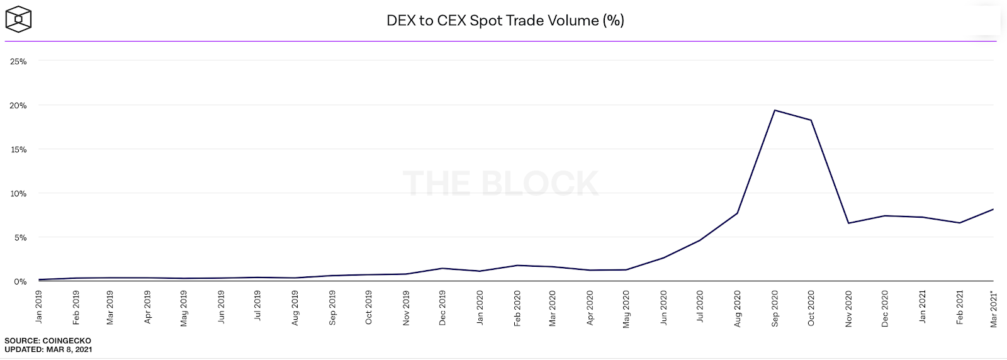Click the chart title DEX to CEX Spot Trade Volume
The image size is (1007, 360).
[505, 20]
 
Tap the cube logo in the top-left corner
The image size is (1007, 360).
[18, 19]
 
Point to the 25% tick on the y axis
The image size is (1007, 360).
[18, 62]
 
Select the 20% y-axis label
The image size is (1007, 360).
[18, 106]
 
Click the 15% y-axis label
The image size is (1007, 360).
[18, 150]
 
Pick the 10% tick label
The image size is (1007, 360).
[18, 194]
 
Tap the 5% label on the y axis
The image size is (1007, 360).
[20, 238]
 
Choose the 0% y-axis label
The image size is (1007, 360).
[20, 281]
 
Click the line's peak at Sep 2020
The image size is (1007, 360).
[774, 111]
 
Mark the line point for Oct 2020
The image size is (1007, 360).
[811, 120]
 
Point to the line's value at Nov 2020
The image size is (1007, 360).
[848, 223]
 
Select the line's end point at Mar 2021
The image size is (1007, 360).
[993, 209]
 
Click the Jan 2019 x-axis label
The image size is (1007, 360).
[39, 307]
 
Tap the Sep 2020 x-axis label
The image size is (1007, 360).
[775, 308]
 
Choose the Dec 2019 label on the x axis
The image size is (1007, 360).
[442, 308]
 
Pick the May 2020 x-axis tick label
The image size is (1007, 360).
[626, 308]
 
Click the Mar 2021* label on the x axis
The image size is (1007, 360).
[994, 308]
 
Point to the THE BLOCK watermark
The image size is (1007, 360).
[500, 183]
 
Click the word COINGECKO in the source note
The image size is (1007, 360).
[67, 340]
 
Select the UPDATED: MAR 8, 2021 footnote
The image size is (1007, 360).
[48, 349]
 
